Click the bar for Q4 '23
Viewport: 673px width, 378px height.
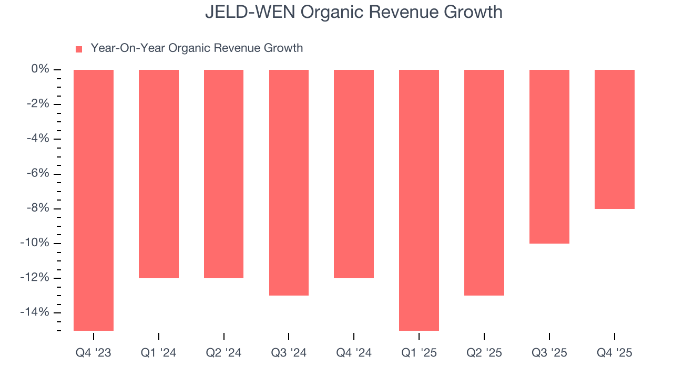pos(94,200)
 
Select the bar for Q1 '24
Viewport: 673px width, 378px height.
pos(159,174)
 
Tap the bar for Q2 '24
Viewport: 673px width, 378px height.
pos(224,174)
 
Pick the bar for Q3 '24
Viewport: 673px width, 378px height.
pos(289,183)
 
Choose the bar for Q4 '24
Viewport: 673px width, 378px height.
pos(354,174)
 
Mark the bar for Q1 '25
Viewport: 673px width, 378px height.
pos(419,200)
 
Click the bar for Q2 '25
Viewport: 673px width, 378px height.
pos(484,183)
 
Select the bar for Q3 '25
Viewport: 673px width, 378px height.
pos(549,156)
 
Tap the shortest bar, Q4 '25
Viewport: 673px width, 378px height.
pos(615,139)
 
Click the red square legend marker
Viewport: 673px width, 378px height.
pos(79,49)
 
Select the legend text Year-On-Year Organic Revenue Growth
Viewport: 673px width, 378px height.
pos(197,48)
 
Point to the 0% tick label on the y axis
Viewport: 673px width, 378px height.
pos(40,69)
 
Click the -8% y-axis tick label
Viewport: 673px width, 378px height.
pos(38,208)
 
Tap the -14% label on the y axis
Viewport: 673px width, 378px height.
pos(35,312)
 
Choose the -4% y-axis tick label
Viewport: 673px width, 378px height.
pos(38,139)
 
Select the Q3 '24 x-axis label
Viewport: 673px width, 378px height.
pos(289,353)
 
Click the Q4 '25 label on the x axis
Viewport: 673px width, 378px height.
pos(615,353)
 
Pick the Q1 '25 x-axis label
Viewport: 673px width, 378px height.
pos(419,353)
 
